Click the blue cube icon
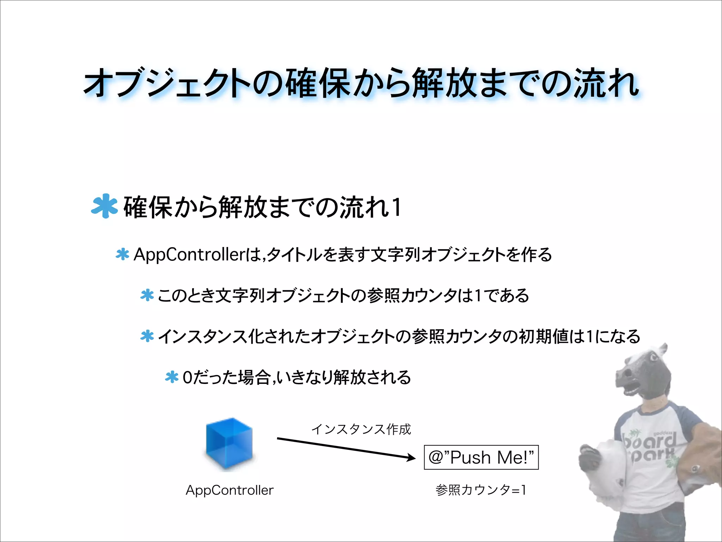click(x=230, y=444)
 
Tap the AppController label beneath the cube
click(x=230, y=490)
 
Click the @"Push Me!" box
click(x=481, y=457)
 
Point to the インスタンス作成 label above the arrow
click(x=361, y=429)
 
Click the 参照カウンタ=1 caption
click(x=481, y=490)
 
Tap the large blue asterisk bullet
click(x=104, y=206)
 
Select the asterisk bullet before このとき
click(x=147, y=295)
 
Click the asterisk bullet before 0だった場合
click(x=172, y=377)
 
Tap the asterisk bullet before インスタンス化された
click(x=147, y=336)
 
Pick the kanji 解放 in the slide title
click(x=445, y=83)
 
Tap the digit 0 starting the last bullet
click(x=188, y=378)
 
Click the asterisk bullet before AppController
click(x=122, y=254)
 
